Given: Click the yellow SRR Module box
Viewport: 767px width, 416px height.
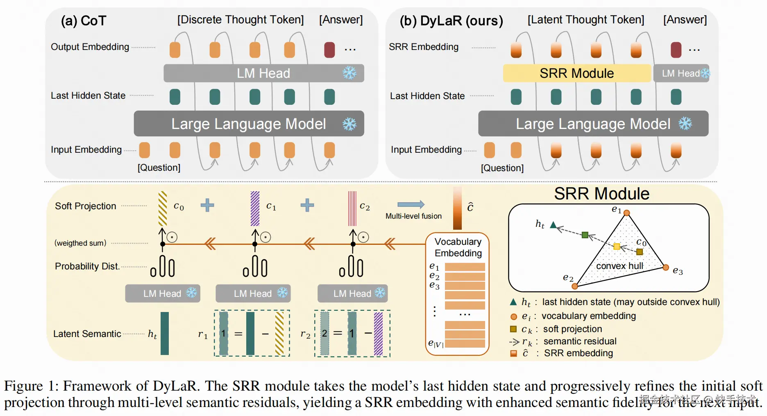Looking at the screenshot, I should point(576,73).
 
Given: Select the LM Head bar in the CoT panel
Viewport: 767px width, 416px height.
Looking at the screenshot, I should point(263,73).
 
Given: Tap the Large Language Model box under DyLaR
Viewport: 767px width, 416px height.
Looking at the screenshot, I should point(593,124).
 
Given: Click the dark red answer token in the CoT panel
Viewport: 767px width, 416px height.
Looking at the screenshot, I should point(329,50).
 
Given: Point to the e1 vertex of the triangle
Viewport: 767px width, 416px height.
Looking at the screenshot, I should point(626,213).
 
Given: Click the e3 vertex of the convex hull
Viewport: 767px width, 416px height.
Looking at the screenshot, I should point(666,267).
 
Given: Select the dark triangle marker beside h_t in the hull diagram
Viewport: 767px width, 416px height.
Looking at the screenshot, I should point(553,225).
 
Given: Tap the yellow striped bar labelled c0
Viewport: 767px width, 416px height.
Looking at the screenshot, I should point(163,208).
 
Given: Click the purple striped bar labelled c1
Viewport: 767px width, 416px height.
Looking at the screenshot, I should point(255,208).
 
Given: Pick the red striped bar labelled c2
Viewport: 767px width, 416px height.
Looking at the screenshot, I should point(352,208).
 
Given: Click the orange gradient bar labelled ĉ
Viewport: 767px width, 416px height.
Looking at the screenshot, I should point(457,208).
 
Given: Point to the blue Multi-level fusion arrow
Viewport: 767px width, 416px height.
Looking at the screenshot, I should point(411,204).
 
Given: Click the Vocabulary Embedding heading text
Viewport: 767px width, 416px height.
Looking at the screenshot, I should point(458,247).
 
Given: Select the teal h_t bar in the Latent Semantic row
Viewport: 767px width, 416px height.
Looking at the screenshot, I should point(165,333).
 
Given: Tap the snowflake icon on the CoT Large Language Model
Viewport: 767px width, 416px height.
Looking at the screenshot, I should point(349,124).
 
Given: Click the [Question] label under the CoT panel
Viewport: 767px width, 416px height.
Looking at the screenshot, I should point(159,167).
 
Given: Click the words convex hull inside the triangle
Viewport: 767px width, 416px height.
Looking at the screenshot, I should point(619,266).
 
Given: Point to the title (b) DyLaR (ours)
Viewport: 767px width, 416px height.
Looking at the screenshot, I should point(451,20).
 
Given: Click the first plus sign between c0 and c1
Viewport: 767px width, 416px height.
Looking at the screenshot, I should point(207,205).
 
